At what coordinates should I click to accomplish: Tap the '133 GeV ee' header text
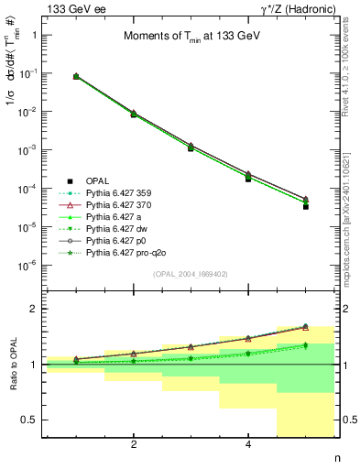(72, 8)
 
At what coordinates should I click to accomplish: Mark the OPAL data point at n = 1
(75, 77)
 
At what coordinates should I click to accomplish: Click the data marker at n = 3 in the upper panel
(191, 147)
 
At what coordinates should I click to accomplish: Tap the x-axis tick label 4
(248, 445)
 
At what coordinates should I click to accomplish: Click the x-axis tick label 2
(134, 445)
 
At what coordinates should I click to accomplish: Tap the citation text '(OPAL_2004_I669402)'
(190, 273)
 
